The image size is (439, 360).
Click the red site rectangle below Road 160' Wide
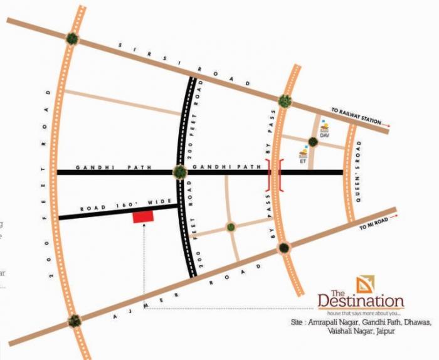coord(142,216)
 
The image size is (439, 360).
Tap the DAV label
coord(324,135)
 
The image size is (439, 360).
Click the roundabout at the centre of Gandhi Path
coord(180,171)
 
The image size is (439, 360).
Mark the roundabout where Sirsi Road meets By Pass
coord(285,100)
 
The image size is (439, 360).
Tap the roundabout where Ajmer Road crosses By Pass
coord(285,247)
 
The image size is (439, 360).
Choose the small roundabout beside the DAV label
coord(312,142)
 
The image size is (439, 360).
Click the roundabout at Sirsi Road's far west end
coord(73,38)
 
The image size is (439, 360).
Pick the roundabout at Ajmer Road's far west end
coord(75,321)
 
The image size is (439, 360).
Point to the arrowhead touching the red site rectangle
coord(144,225)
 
